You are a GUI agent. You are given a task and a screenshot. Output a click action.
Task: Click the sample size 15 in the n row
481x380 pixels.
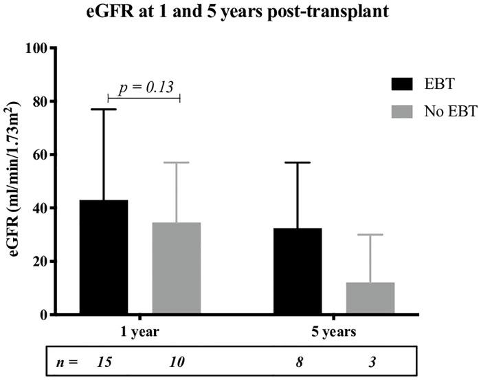[105, 360]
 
